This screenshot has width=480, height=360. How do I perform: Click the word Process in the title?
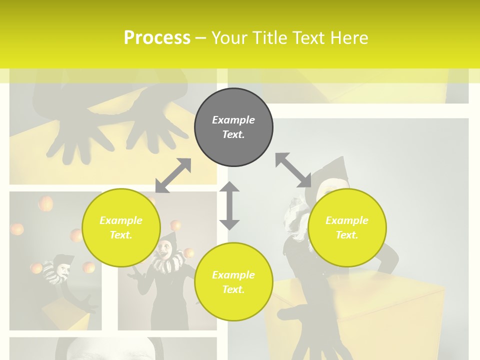(157, 38)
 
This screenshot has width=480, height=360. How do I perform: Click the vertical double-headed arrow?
(229, 205)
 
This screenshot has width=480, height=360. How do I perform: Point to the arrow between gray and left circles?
(173, 175)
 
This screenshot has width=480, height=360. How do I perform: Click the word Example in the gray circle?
(233, 120)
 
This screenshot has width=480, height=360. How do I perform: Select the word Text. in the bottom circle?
(233, 289)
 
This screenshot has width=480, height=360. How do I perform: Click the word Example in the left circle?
(121, 220)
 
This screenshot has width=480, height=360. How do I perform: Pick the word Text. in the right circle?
(347, 235)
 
